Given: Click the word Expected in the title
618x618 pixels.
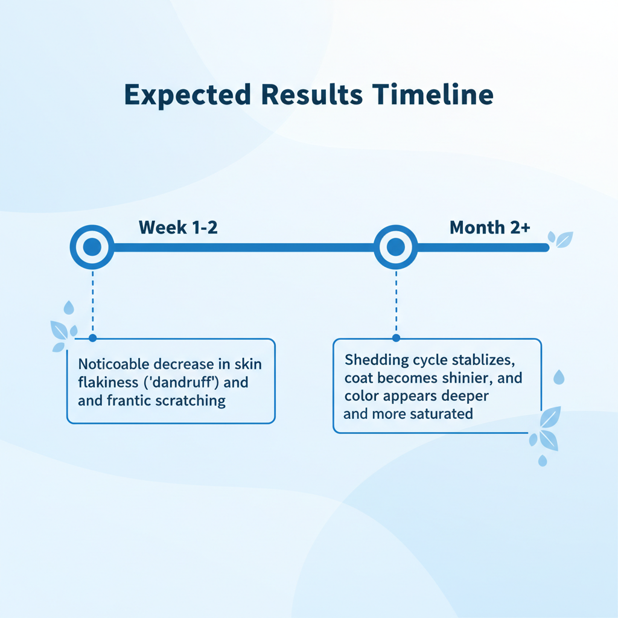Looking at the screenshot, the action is pos(188,95).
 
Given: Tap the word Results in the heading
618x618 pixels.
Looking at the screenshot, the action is pos(312,95).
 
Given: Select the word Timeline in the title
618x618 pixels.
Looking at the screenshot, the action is pos(433,95).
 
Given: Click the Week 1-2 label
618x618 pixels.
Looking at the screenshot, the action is pos(178,228).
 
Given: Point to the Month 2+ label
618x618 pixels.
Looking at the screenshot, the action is pos(490,228).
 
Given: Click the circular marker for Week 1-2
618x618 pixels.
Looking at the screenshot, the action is pos(92,247).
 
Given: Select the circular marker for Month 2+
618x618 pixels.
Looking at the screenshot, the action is pos(396,247).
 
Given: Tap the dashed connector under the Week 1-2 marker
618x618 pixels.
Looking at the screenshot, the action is pos(92,302).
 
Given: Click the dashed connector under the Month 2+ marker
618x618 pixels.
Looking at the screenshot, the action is pos(396,302).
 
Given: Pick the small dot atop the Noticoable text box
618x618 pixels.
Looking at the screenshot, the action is pos(92,338).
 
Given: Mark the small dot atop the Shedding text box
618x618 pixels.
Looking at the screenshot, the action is pos(396,338).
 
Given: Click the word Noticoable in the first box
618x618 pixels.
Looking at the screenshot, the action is pos(114,364).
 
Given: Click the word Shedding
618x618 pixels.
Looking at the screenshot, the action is pos(377,360).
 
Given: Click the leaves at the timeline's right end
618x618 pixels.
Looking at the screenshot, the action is pos(561,239).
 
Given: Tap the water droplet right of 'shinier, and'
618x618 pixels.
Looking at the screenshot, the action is pos(559,377).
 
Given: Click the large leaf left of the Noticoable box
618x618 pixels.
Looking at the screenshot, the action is pos(59,330).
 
